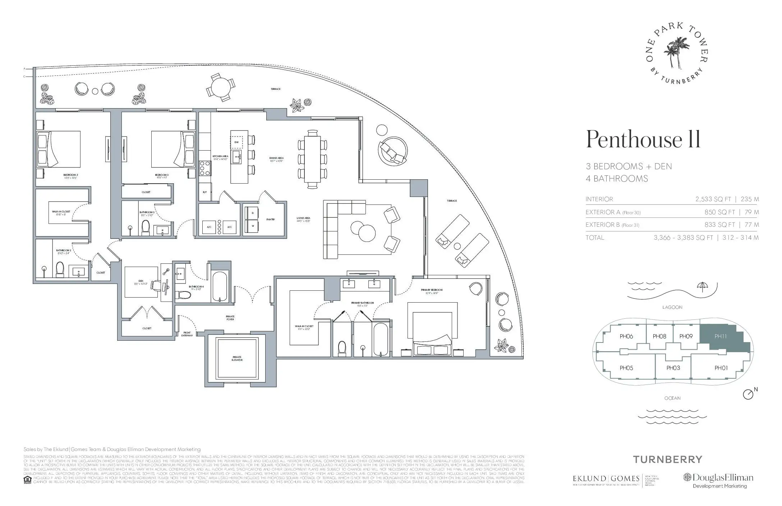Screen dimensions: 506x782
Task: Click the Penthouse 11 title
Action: point(643,139)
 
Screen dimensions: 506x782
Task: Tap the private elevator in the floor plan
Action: point(237,359)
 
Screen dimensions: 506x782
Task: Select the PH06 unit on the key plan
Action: point(626,336)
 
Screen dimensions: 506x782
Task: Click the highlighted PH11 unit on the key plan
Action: point(721,337)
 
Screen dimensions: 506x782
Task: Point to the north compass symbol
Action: point(748,394)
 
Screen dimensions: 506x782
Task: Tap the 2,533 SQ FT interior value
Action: point(713,199)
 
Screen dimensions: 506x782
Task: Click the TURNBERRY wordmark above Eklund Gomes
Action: point(667,459)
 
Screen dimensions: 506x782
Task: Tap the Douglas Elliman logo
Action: point(718,478)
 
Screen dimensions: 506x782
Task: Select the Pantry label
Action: point(271,219)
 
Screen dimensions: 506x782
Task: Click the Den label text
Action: point(141,281)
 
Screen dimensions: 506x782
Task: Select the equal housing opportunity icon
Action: point(27,480)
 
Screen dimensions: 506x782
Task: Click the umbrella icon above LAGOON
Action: point(701,286)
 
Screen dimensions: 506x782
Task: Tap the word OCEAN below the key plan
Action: point(672,398)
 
